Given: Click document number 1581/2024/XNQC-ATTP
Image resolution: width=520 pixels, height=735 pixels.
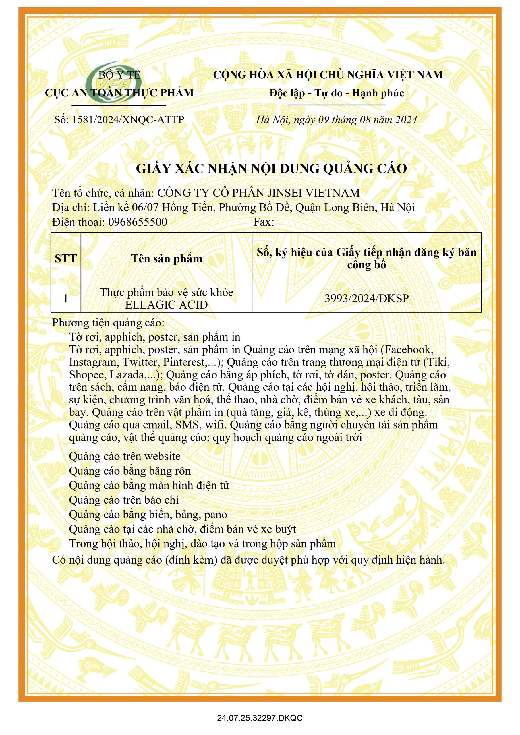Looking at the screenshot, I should tap(119, 120).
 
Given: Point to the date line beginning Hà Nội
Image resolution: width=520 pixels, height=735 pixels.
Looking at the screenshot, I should tap(336, 120).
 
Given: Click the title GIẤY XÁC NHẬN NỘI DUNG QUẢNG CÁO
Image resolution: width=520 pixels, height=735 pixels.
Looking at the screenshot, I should tap(271, 169).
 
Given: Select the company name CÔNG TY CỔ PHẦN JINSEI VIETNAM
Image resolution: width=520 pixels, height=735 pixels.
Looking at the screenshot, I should tap(258, 193).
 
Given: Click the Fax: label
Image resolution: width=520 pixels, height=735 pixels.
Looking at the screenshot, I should tap(264, 222).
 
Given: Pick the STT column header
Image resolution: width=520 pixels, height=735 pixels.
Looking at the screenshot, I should tap(66, 259).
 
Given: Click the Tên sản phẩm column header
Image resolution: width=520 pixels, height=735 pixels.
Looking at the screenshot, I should tap(167, 259).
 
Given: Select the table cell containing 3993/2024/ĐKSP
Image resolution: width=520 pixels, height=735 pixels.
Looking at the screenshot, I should tap(367, 298).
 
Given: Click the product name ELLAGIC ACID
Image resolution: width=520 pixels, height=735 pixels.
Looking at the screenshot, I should tap(167, 305).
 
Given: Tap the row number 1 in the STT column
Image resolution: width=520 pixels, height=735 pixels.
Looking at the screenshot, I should tap(66, 298).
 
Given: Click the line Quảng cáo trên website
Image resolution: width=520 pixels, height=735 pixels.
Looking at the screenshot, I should tap(125, 456).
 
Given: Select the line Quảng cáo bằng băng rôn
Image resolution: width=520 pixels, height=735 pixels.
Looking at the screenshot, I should tap(130, 471).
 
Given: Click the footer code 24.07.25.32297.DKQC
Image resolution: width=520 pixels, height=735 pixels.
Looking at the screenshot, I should tap(260, 718).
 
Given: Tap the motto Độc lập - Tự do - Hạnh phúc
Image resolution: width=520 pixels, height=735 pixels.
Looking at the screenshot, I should tap(336, 93).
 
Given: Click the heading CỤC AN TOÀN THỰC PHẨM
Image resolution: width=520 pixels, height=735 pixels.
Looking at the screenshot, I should tap(119, 93).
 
